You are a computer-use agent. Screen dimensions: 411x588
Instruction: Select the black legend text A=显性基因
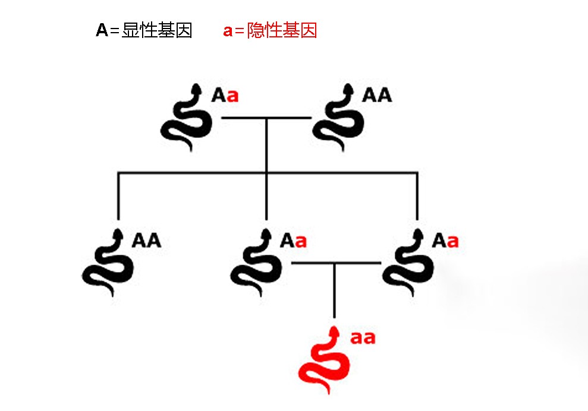pyautogui.click(x=144, y=30)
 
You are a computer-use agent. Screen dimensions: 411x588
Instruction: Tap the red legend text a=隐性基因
pyautogui.click(x=270, y=30)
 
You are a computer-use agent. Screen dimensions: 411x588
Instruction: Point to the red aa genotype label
pyautogui.click(x=363, y=337)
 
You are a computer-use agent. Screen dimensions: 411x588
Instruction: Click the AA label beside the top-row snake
pyautogui.click(x=377, y=95)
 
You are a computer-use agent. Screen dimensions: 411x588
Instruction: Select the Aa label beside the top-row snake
pyautogui.click(x=225, y=95)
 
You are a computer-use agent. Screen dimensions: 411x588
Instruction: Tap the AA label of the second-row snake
pyautogui.click(x=146, y=241)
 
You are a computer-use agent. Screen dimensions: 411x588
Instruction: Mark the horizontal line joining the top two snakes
pyautogui.click(x=266, y=118)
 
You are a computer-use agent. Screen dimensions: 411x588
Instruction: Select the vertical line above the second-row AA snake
pyautogui.click(x=118, y=196)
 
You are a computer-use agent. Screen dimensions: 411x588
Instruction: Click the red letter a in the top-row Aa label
pyautogui.click(x=232, y=96)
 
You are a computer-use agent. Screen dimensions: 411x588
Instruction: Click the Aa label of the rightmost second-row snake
pyautogui.click(x=445, y=241)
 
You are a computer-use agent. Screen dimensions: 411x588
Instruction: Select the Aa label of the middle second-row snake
pyautogui.click(x=294, y=241)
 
